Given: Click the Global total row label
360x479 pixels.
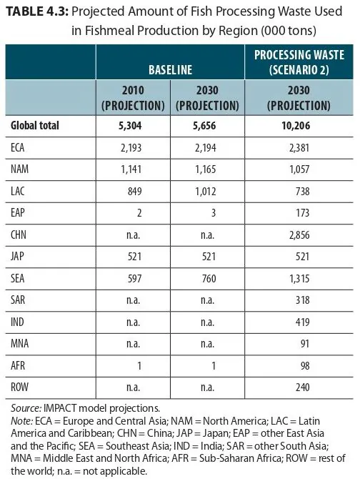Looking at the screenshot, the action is point(35,126).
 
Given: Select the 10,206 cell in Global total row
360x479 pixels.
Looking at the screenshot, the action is point(296,126).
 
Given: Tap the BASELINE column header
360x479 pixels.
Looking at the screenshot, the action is point(170,69).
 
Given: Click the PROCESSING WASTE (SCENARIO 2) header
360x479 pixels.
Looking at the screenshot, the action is point(299,62).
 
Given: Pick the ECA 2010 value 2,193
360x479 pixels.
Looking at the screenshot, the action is point(131,148).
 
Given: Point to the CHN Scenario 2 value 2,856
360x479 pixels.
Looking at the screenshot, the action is point(299,235).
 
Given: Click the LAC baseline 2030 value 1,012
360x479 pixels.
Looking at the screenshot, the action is point(205,192).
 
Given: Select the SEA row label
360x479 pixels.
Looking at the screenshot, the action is point(17,278).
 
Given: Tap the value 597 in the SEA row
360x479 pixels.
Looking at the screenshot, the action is point(134,279).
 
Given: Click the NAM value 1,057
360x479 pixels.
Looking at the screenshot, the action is point(299,169).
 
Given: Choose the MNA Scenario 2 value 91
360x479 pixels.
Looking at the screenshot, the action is point(305,344).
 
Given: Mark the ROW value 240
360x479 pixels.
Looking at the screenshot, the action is point(303,387).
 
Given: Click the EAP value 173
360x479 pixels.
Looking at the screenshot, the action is point(303,213).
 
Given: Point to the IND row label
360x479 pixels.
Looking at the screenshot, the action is point(17,322).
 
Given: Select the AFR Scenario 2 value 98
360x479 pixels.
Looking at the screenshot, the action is point(305,365).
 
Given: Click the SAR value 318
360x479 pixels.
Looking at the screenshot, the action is point(303,300).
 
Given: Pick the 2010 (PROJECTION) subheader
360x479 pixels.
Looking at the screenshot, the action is point(133,98).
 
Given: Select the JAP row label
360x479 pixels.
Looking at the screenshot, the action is point(17,257).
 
